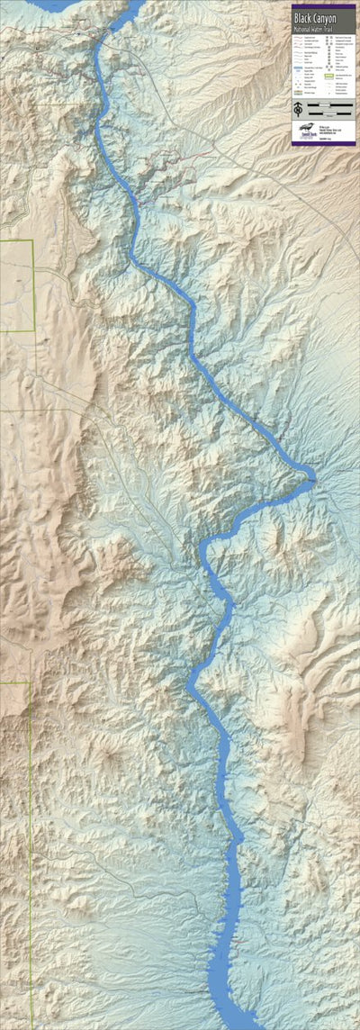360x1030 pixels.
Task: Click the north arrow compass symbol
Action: tap(298, 110)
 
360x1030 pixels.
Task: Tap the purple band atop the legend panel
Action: tap(323, 5)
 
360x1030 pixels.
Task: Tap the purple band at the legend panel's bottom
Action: tap(323, 142)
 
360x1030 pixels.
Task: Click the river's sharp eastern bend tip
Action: tap(311, 474)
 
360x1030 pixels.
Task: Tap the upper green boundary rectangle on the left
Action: tap(16, 286)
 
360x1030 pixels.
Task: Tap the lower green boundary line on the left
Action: tap(30, 810)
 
